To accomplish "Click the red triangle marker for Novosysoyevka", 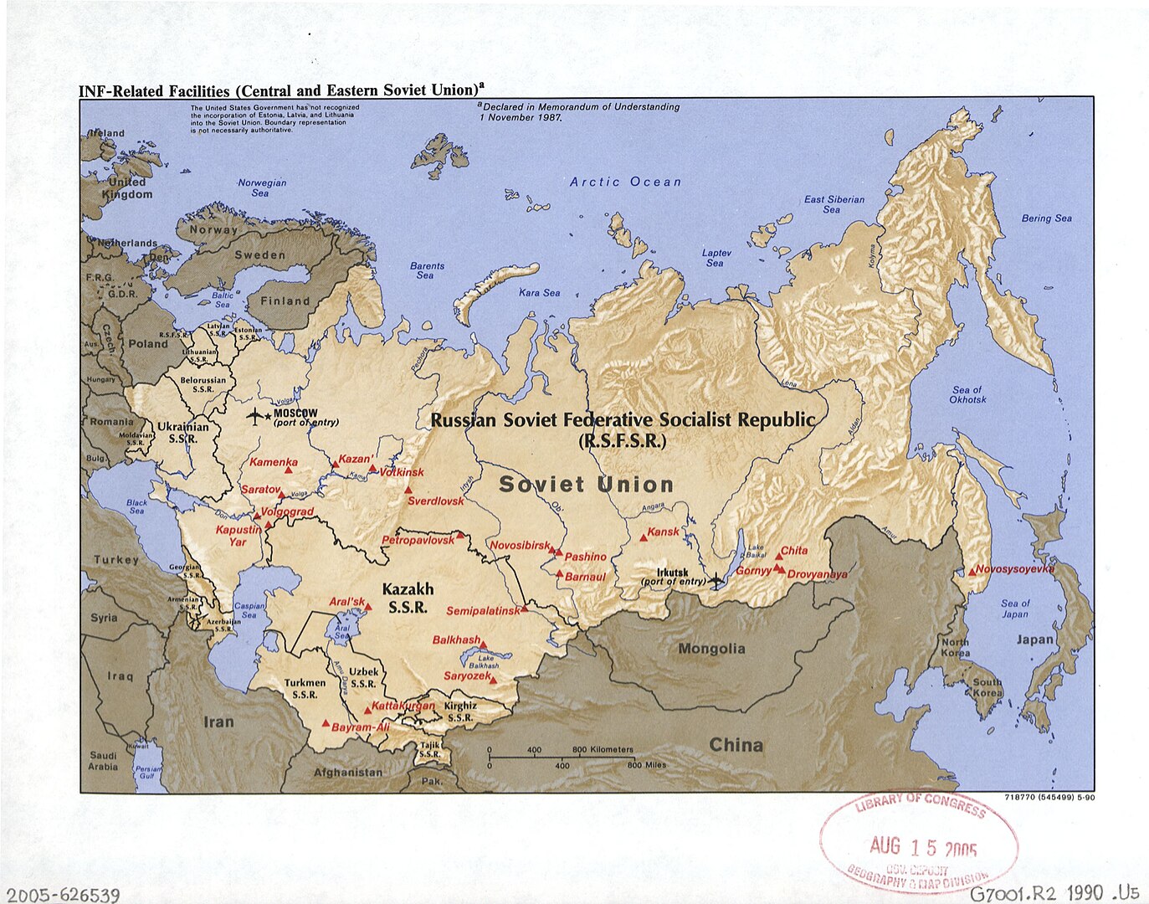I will tap(972, 572).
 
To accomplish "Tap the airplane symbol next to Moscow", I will tap(254, 416).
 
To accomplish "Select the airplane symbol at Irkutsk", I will tap(716, 579).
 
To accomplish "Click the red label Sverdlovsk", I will tap(435, 501).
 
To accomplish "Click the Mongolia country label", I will tap(711, 649).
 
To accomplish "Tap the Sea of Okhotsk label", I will tap(968, 395).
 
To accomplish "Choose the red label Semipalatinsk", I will tap(483, 611).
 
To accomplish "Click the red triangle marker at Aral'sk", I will tap(368, 607).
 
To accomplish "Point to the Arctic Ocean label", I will tap(625, 182).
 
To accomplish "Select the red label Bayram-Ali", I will tap(361, 727).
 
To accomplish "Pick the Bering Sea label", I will tap(1046, 218).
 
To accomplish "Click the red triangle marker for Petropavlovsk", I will tap(460, 535).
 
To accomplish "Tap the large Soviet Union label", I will tap(586, 485).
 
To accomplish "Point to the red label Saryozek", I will tap(467, 675).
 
